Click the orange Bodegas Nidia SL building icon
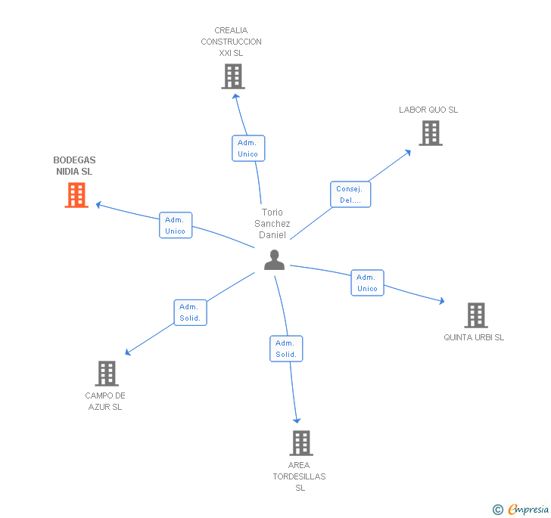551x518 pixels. pos(76,195)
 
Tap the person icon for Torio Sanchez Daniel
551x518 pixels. pos(274,259)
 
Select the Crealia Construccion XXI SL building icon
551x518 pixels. pos(232,76)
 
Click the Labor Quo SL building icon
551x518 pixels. pos(430,133)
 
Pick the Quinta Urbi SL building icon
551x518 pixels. pos(475,315)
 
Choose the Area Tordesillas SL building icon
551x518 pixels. pos(300,442)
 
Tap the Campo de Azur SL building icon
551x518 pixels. pos(107,373)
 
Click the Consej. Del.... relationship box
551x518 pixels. pos(350,194)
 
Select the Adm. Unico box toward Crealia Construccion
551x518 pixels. pos(247,148)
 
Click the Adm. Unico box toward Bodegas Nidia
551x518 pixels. pos(176,225)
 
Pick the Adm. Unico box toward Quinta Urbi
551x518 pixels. pos(367,283)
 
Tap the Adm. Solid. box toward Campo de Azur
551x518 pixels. pos(189,312)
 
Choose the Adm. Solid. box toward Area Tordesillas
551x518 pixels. pos(286,349)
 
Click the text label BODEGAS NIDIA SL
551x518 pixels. pos(74,166)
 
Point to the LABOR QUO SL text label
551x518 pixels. pos(428,110)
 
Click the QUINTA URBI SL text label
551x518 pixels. pos(474,337)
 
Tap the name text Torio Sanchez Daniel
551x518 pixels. pos(272,224)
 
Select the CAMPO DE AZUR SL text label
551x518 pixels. pos(105,401)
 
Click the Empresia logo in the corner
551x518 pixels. pos(520,510)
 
